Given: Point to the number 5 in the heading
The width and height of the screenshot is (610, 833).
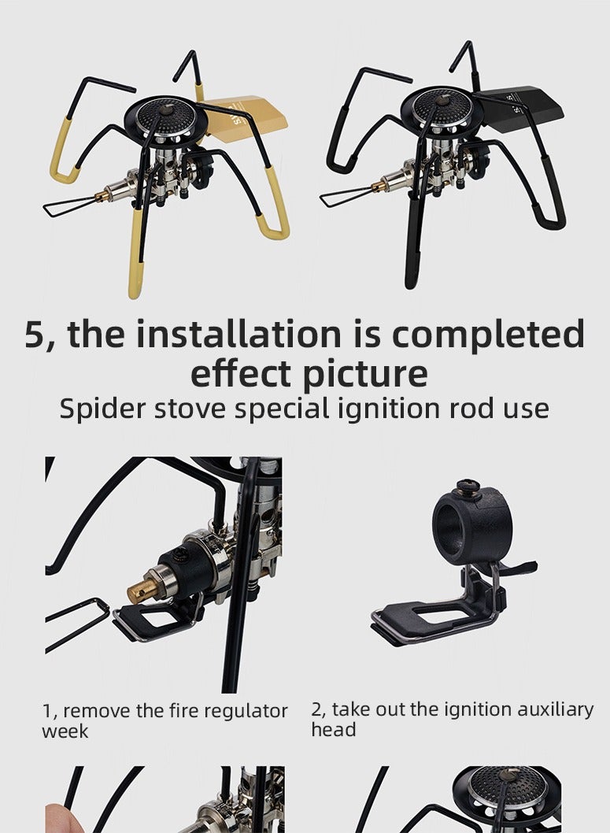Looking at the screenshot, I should point(35,335).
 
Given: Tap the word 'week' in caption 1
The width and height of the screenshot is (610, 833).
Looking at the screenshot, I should point(65,731).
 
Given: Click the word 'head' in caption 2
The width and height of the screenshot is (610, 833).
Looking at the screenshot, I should point(333,730).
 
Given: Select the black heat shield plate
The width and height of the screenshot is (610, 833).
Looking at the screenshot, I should point(523,105).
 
